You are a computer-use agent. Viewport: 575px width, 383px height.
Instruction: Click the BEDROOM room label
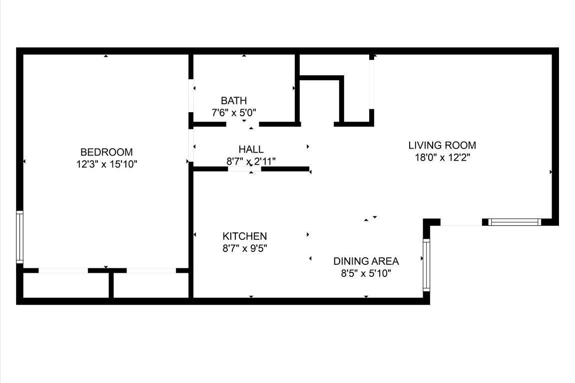[x=106, y=152]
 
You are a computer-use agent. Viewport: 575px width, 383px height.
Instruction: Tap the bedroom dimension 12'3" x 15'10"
[x=106, y=164]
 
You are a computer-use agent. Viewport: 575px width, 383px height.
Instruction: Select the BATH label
[x=234, y=101]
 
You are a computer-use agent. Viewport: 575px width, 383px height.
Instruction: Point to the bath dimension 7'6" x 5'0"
[x=234, y=112]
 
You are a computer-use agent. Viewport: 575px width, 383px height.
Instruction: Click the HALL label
[x=251, y=149]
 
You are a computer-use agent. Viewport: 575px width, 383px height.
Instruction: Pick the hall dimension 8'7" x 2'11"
[x=251, y=161]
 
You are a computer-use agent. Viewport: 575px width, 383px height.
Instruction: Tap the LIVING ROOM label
[x=442, y=146]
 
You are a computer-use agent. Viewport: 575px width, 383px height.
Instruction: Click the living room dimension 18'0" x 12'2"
[x=442, y=158]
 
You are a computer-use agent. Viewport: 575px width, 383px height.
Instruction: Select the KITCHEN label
[x=244, y=236]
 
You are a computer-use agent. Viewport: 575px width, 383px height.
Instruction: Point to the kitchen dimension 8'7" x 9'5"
[x=244, y=248]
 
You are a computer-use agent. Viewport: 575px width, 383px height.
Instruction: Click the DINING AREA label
[x=366, y=261]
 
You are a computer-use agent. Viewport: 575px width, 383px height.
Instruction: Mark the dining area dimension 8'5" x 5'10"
[x=366, y=273]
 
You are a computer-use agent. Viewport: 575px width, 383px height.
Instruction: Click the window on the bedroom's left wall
[x=20, y=237]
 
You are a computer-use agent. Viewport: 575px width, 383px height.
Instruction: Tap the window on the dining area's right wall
[x=426, y=265]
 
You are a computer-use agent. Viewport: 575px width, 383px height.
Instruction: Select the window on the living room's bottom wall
[x=514, y=222]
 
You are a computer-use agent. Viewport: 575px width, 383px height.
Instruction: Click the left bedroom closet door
[x=63, y=271]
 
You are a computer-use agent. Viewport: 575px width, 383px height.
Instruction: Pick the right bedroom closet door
[x=151, y=271]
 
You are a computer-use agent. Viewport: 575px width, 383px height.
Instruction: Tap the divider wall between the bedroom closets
[x=111, y=285]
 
